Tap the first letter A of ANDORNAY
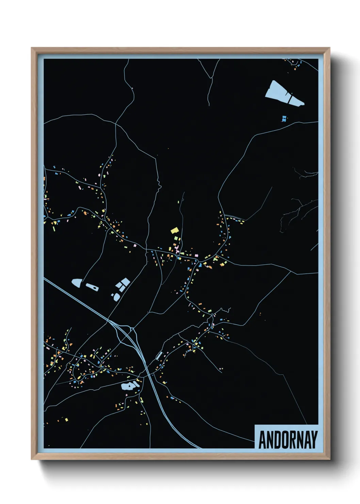pos(262,440)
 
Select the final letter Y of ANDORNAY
pos(314,440)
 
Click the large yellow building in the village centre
pos(175,231)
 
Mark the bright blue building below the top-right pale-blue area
pos(284,119)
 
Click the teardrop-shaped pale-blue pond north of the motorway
pos(77,283)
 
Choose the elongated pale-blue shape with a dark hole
pos(92,287)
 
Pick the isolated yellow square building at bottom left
pos(66,420)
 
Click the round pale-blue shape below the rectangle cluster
pos(117,297)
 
